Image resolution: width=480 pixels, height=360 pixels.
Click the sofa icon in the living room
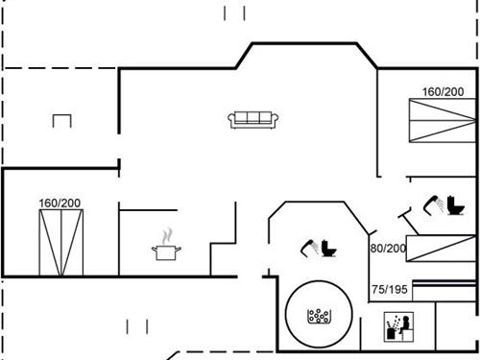pyautogui.click(x=253, y=119)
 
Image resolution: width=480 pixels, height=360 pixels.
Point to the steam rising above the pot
pyautogui.click(x=167, y=234)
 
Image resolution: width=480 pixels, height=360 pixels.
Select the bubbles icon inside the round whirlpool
pyautogui.click(x=318, y=316)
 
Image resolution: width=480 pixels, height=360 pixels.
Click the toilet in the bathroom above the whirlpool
pyautogui.click(x=330, y=248)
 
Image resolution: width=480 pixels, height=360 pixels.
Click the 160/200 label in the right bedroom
pyautogui.click(x=443, y=92)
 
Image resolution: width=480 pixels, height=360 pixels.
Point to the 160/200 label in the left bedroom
pyautogui.click(x=60, y=204)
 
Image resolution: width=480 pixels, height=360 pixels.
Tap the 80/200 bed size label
pyautogui.click(x=388, y=248)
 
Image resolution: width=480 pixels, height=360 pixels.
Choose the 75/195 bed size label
pyautogui.click(x=390, y=289)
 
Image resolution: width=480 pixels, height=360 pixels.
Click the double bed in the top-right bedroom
pyautogui.click(x=443, y=120)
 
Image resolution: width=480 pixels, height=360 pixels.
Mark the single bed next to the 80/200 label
pyautogui.click(x=443, y=249)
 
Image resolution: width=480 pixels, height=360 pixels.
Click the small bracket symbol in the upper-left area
pyautogui.click(x=62, y=120)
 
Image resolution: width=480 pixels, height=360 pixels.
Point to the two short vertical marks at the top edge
pyautogui.click(x=235, y=12)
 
